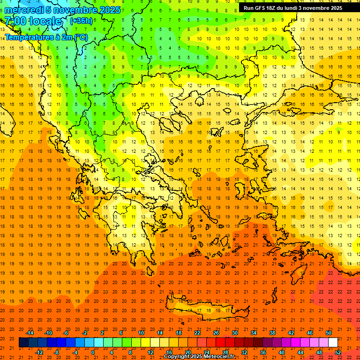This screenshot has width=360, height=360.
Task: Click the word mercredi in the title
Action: coord(24,10)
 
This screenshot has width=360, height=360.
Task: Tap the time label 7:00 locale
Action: coord(33,21)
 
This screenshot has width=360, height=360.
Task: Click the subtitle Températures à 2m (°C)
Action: coord(46,37)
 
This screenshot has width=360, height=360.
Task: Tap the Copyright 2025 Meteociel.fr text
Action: coord(199,357)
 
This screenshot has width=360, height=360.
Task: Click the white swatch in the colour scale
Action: coord(333,343)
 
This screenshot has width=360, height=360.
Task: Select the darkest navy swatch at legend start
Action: coord(23,343)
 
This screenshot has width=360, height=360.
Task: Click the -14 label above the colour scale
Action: coord(30,333)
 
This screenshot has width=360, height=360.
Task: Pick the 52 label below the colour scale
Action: coord(338,352)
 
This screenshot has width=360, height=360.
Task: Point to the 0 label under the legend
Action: coord(93,352)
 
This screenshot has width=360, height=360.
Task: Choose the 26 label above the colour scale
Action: coord(216,333)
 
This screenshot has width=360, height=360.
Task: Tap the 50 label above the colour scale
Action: coord(329,333)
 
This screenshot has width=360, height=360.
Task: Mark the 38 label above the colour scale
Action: coord(272,333)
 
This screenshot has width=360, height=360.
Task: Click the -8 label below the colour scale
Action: coord(57,352)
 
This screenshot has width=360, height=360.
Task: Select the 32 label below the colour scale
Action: coord(244,352)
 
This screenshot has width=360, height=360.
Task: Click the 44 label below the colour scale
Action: coord(300,352)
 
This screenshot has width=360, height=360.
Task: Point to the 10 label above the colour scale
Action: coord(141,333)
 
